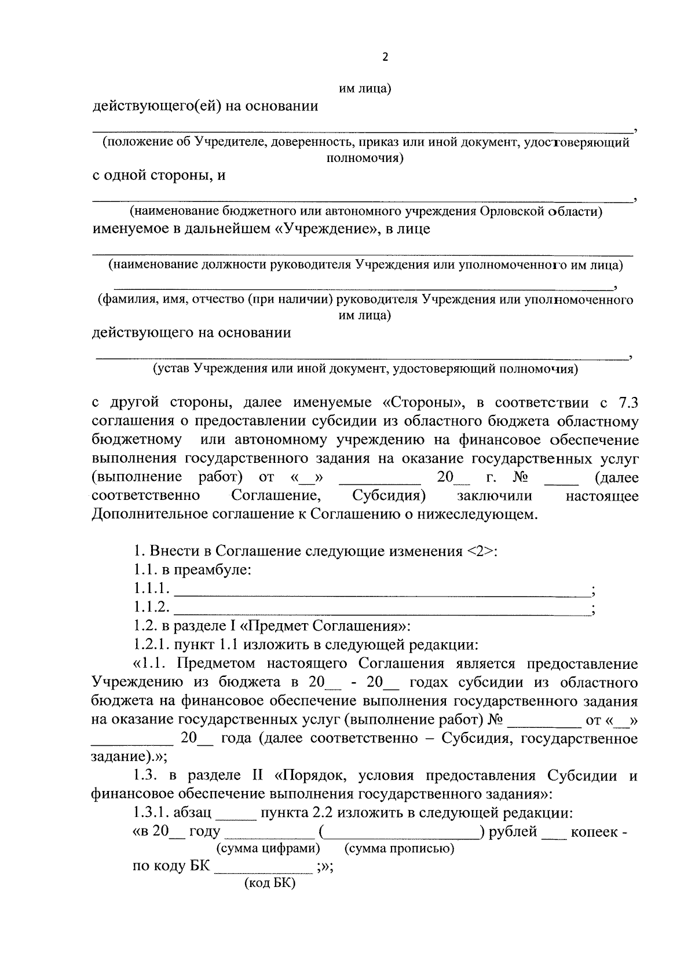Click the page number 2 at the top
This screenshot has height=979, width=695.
point(385,57)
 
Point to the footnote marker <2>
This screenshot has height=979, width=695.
point(480,551)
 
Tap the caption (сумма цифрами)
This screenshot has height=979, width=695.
point(268,849)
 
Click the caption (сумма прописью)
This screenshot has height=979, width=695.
point(399,849)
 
